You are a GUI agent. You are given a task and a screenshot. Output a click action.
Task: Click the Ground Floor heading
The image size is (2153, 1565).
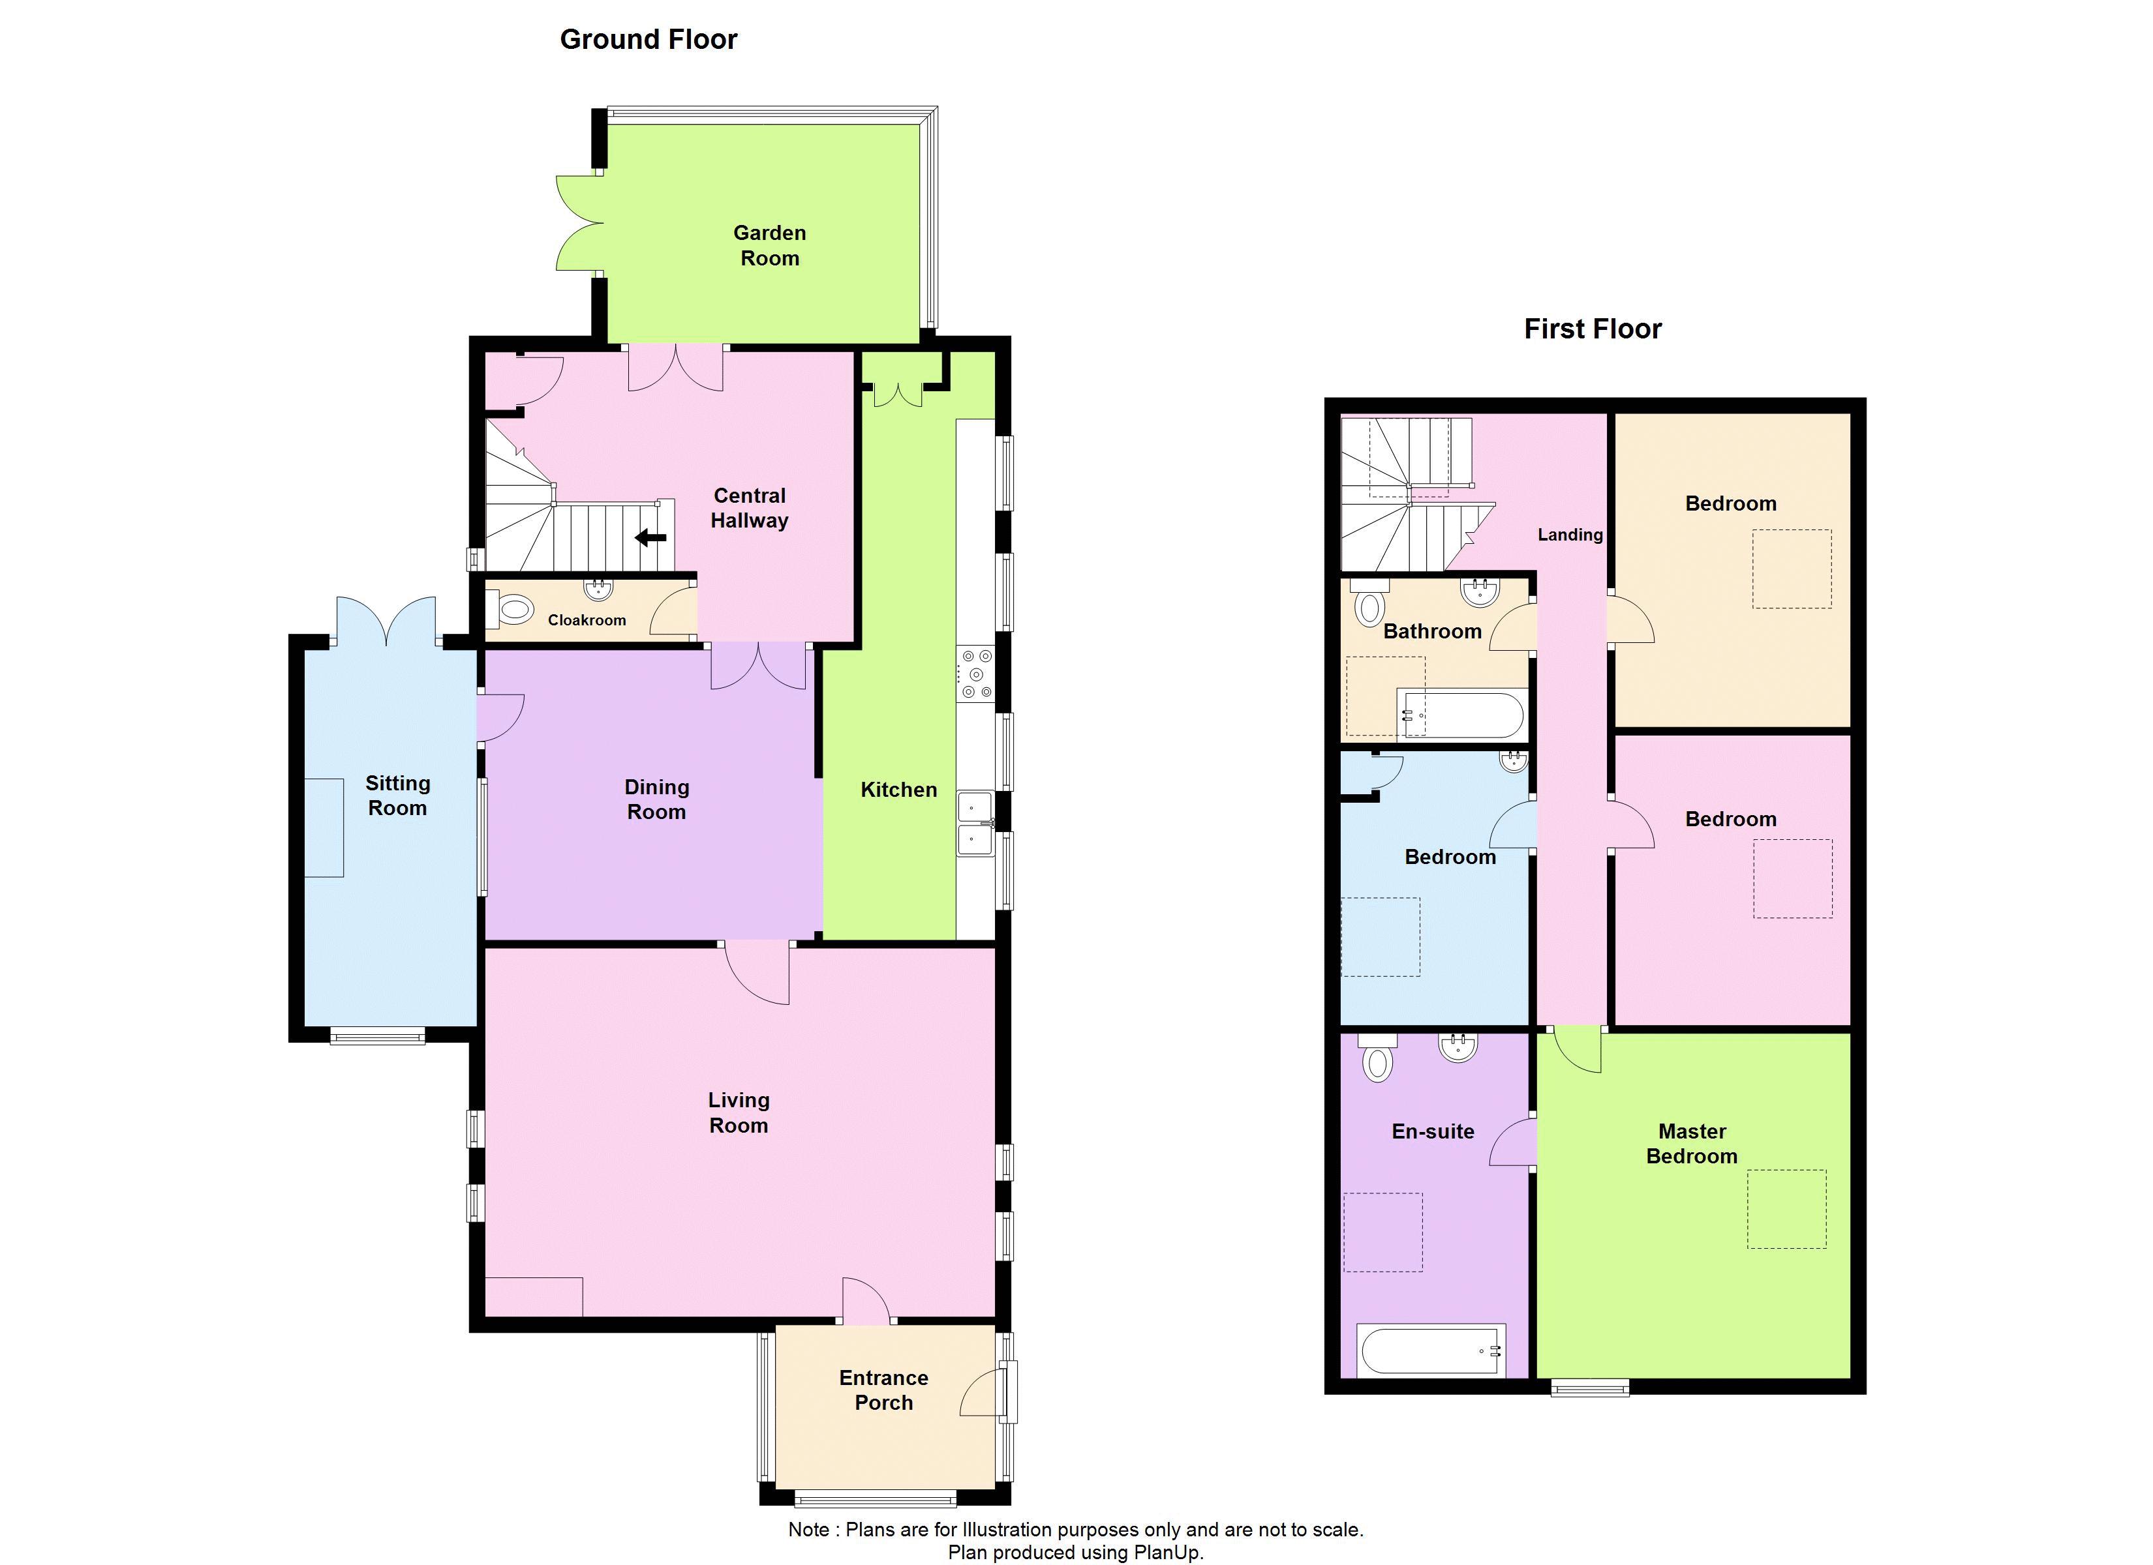(649, 40)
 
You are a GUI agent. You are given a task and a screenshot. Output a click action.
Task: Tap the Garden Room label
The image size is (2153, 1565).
(769, 246)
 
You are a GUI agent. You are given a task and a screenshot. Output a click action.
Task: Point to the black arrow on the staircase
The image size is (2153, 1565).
(650, 538)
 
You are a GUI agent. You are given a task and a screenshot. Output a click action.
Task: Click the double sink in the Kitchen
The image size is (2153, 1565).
(975, 824)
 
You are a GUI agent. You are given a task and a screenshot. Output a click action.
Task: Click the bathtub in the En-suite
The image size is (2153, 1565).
(1431, 1350)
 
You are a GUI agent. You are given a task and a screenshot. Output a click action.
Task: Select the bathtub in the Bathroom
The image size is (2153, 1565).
(1460, 715)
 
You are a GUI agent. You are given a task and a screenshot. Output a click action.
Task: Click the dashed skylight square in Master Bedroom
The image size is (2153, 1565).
(1786, 1209)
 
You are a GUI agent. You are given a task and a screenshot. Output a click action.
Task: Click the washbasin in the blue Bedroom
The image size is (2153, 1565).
(1513, 761)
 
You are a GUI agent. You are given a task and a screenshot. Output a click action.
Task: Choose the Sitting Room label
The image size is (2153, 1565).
(398, 796)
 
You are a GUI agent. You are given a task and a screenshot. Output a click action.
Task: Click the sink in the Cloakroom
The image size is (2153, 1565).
(598, 590)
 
